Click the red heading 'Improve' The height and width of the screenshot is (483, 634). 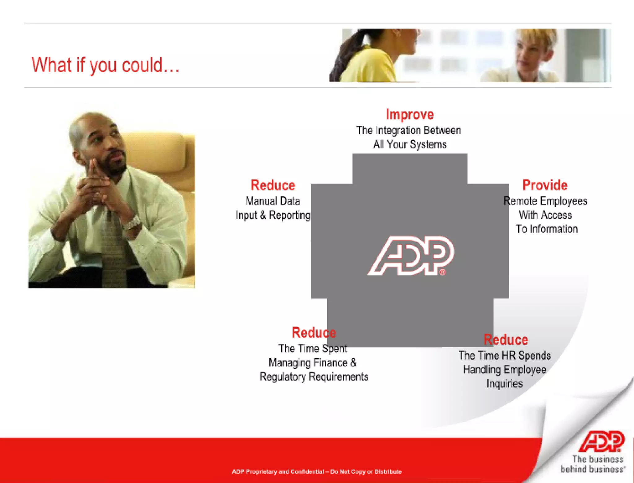click(410, 115)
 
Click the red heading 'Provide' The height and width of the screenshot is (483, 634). click(545, 185)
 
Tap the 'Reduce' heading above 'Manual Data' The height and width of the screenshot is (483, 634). click(273, 185)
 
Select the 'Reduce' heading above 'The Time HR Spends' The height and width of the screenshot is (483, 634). click(506, 340)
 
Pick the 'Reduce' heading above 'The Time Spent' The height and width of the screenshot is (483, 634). click(314, 333)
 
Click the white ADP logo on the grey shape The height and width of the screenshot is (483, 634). click(411, 256)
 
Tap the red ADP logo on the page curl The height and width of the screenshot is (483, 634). click(601, 442)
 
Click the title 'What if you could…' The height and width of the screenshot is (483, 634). click(105, 65)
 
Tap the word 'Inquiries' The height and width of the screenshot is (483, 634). click(504, 384)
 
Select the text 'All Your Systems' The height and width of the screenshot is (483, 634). click(410, 144)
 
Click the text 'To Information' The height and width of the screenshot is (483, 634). click(546, 229)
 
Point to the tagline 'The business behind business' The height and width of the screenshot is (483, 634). click(593, 464)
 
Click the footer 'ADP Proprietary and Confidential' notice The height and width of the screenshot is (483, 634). click(317, 472)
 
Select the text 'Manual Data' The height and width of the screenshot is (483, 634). click(273, 201)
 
